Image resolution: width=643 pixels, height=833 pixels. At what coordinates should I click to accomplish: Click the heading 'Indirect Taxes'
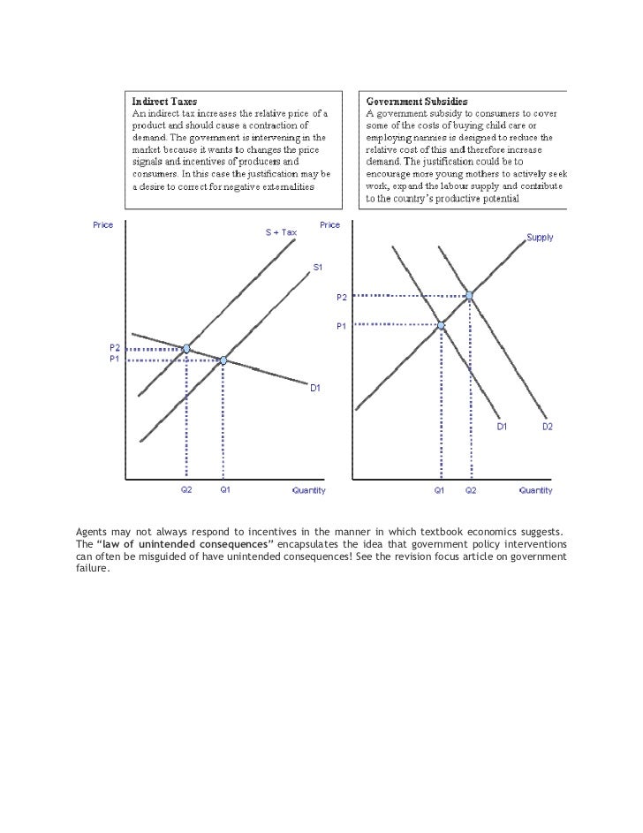164,102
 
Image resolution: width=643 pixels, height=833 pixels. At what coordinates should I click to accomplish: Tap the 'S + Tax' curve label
282,232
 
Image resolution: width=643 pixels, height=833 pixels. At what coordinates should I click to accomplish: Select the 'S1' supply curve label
317,268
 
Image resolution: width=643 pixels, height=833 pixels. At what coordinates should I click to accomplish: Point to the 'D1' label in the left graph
314,388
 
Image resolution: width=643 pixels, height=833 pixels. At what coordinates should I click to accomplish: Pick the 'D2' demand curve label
547,428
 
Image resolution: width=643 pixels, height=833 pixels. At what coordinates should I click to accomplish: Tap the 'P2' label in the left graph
115,349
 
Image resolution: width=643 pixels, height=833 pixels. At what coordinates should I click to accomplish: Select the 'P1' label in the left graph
115,360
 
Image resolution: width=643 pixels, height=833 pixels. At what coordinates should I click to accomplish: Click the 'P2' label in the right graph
341,297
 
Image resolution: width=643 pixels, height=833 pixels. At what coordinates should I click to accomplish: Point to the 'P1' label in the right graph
341,326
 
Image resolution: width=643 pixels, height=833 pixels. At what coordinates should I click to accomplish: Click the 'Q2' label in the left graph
186,490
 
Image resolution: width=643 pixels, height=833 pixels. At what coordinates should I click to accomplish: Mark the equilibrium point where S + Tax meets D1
186,349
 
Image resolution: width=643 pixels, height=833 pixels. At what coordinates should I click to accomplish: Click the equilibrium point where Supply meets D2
470,295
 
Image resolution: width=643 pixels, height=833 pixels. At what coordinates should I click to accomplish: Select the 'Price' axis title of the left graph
103,225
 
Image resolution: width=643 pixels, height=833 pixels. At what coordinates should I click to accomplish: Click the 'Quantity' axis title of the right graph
535,490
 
